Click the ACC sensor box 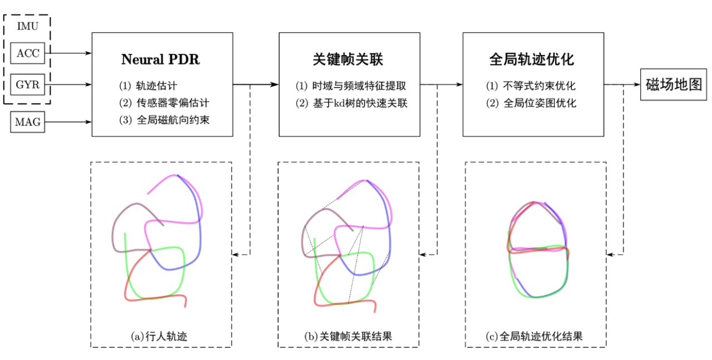[x=27, y=53]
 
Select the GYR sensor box [x=27, y=86]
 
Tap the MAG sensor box [x=27, y=122]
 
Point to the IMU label [x=27, y=26]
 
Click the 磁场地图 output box [x=674, y=85]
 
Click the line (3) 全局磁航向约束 [x=164, y=120]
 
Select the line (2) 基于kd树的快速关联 [x=352, y=103]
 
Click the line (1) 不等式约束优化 [x=531, y=86]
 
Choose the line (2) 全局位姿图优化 [x=531, y=103]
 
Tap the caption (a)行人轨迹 [x=162, y=336]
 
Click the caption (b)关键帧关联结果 [x=349, y=336]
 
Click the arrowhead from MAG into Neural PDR [x=89, y=122]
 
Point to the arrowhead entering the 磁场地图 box [x=637, y=85]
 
